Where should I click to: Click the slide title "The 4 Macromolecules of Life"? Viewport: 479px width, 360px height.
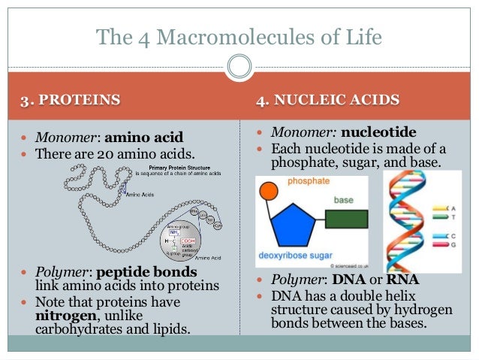(x=239, y=35)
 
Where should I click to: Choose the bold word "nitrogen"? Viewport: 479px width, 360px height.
(x=66, y=314)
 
